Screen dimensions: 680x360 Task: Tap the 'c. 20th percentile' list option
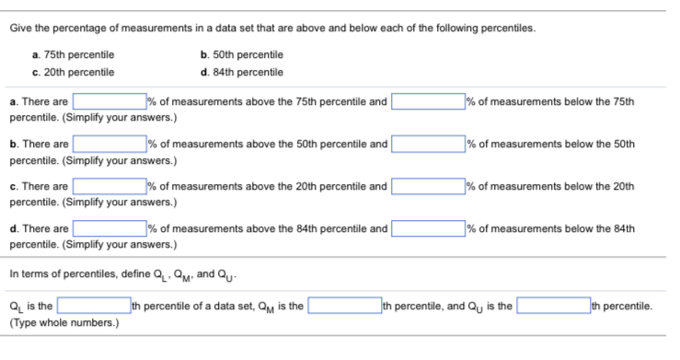(x=73, y=72)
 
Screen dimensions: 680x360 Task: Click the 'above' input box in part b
(x=109, y=145)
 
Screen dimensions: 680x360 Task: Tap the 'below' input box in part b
(x=428, y=145)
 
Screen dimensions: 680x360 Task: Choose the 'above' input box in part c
(x=109, y=187)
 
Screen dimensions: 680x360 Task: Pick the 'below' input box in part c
(x=428, y=187)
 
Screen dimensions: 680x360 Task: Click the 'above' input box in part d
(x=109, y=229)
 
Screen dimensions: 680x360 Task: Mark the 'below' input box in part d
(x=428, y=229)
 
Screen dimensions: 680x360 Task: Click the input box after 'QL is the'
(x=92, y=306)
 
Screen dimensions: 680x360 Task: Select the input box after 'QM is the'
(x=344, y=306)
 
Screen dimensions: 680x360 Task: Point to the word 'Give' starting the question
(x=20, y=26)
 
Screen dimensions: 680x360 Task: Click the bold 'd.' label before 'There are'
(x=14, y=229)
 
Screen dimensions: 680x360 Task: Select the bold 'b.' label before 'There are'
(x=14, y=145)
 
